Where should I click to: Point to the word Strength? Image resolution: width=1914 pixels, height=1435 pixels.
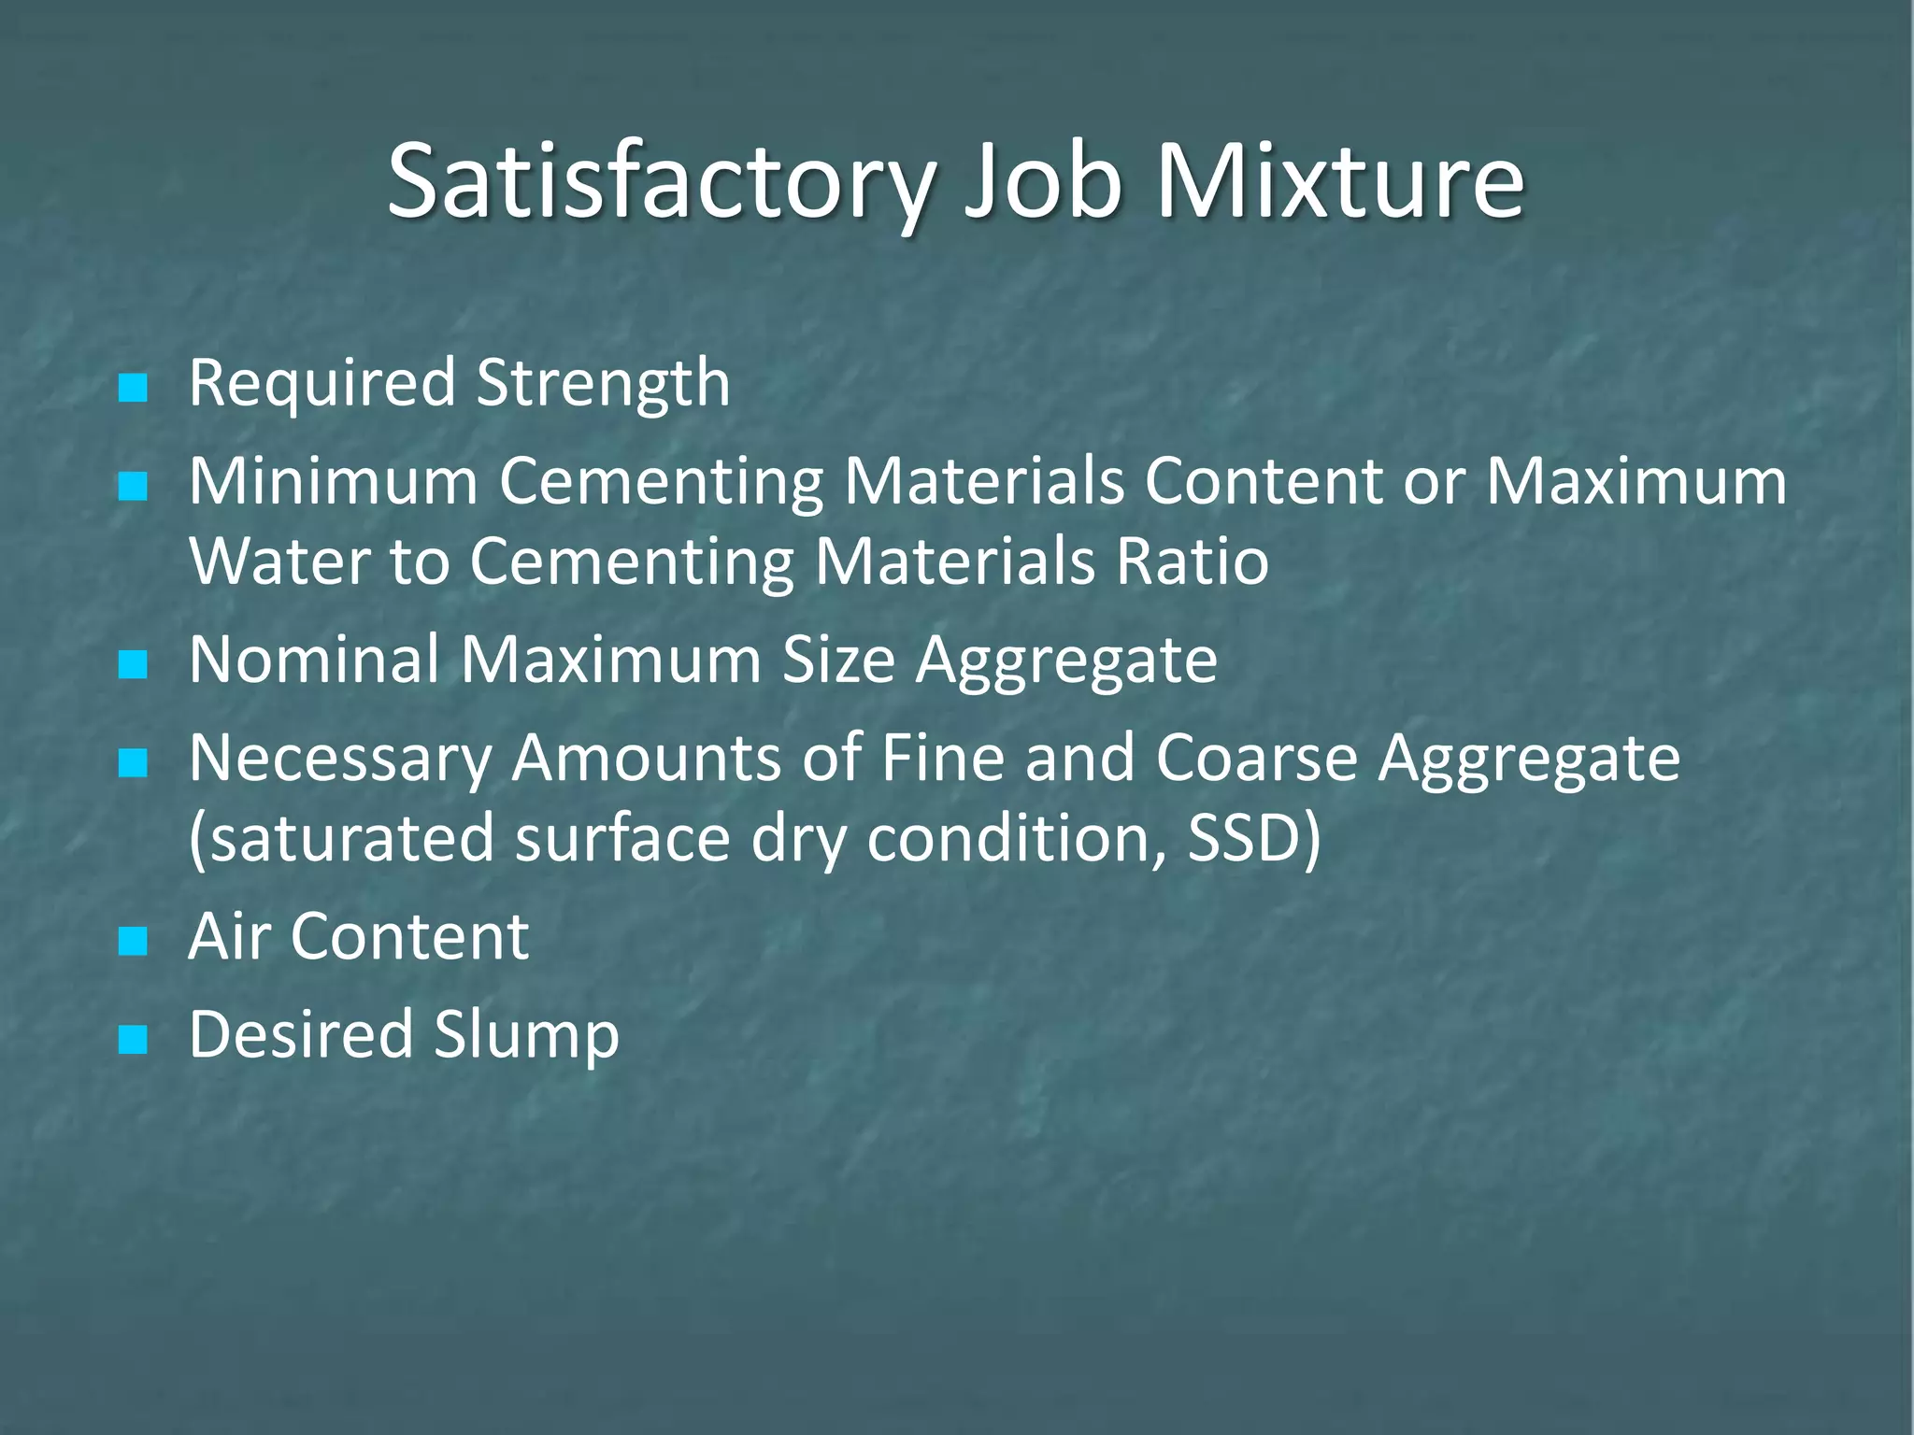603,383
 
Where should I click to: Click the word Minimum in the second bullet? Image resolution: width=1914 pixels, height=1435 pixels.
334,481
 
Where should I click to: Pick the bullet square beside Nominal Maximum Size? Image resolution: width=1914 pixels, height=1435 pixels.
134,665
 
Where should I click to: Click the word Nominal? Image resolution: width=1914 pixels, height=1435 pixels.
314,661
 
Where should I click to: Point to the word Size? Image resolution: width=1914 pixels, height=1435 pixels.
837,661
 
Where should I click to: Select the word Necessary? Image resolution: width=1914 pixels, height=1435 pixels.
340,759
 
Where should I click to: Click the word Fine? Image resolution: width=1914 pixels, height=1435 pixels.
942,759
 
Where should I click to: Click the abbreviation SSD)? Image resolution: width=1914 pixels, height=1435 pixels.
1254,838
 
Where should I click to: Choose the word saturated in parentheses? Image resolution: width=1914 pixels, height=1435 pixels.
342,838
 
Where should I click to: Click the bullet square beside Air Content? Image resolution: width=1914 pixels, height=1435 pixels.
134,942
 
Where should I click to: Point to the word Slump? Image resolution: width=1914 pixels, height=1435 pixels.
525,1035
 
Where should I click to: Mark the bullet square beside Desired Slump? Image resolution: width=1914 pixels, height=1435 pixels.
134,1040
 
